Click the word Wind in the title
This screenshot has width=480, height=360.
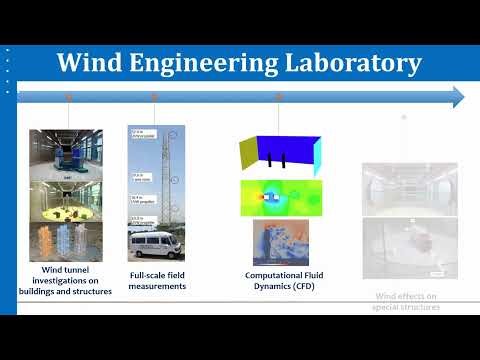click(x=90, y=63)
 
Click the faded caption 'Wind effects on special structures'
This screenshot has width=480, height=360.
click(x=405, y=301)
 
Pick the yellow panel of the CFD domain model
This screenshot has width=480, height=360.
click(x=249, y=151)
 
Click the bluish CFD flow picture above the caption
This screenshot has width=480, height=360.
click(x=280, y=242)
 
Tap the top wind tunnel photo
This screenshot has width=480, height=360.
click(x=66, y=153)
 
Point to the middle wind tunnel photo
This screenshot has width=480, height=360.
click(x=66, y=201)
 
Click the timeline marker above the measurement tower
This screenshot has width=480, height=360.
click(x=154, y=97)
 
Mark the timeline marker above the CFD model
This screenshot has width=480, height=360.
click(x=281, y=97)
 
